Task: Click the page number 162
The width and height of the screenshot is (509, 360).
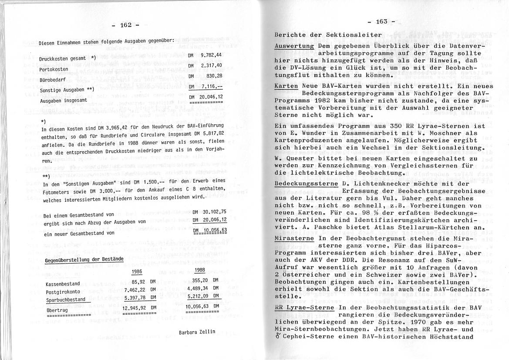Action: click(x=126, y=25)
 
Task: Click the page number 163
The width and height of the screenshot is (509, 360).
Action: click(x=381, y=21)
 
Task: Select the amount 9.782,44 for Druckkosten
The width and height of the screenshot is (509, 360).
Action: click(x=211, y=55)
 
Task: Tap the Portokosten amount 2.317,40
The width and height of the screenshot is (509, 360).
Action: click(x=211, y=65)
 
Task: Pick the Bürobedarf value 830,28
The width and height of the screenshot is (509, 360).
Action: click(x=213, y=76)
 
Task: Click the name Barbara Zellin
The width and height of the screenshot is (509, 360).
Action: click(x=197, y=332)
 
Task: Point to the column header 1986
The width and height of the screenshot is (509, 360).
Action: click(x=138, y=271)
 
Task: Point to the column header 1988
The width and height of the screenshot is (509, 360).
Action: click(x=200, y=270)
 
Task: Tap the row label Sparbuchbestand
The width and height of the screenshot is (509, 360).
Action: click(x=65, y=300)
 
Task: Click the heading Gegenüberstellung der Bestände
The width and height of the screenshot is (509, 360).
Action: click(x=84, y=260)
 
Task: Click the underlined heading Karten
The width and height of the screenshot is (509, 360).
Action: click(x=286, y=87)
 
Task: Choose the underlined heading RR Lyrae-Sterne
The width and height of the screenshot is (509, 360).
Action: click(x=304, y=308)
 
